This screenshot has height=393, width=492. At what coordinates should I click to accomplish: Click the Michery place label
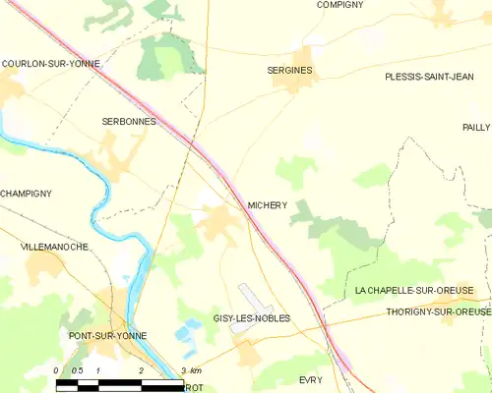click(267, 205)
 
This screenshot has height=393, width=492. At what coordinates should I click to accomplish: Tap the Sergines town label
click(290, 71)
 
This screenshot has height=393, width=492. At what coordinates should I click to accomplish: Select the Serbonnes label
click(129, 121)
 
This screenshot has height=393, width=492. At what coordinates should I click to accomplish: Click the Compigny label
click(339, 5)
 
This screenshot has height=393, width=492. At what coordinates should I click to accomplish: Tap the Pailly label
click(475, 128)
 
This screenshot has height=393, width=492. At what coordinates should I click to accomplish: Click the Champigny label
click(26, 194)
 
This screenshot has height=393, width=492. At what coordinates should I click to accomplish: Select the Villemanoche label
click(54, 247)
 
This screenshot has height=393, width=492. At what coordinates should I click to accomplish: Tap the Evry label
click(311, 378)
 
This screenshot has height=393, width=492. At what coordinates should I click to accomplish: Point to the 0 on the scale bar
click(56, 370)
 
